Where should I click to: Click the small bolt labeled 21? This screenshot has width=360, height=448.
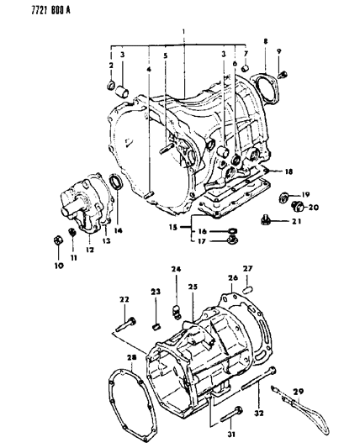click(x=267, y=220)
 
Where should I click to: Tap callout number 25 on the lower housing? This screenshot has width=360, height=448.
click(x=193, y=311)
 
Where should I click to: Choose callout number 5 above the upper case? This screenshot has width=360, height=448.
click(x=166, y=57)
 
